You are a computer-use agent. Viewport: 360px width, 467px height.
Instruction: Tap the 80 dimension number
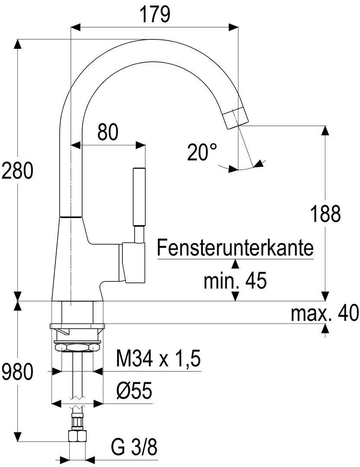[107, 132]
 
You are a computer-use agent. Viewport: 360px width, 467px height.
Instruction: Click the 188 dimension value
[325, 214]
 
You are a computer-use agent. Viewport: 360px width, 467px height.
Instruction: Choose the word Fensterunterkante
[235, 248]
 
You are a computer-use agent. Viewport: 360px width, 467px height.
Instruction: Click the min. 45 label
[235, 281]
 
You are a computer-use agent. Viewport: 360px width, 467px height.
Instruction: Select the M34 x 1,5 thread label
[158, 358]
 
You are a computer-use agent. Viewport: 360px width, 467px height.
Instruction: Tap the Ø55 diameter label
[134, 392]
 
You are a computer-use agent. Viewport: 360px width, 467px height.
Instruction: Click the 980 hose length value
[17, 372]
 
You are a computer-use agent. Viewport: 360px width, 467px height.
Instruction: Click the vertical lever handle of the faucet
[139, 197]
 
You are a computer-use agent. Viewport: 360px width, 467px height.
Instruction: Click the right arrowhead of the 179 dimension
[234, 27]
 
